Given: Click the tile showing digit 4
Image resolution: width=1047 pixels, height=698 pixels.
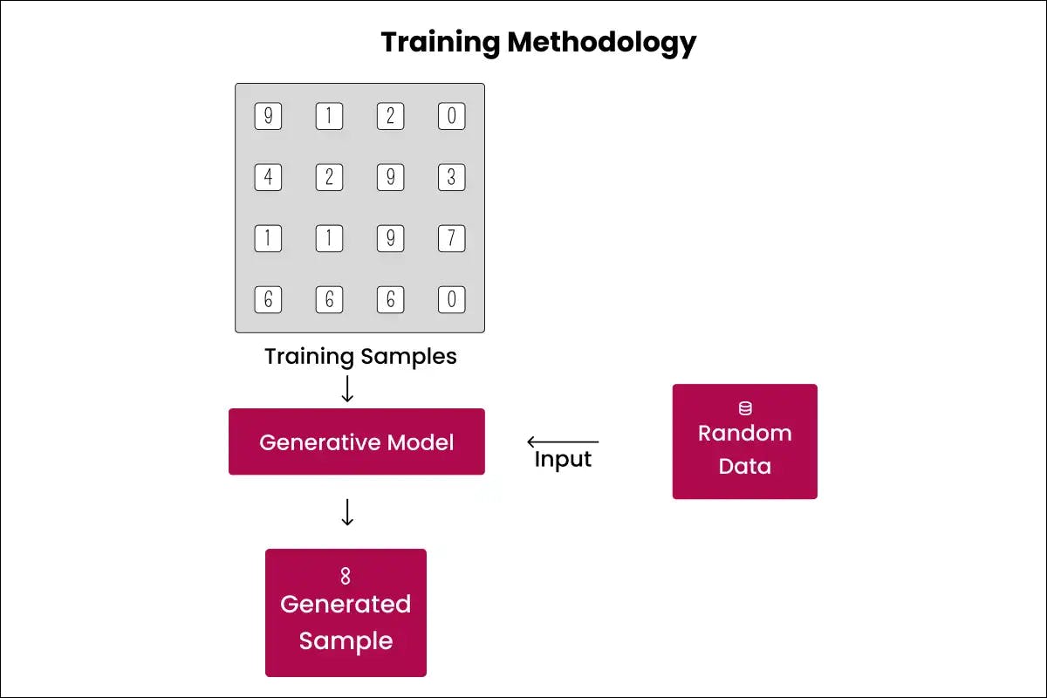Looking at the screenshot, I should pos(268,178).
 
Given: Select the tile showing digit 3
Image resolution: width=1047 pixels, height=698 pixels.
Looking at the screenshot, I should pos(451,178).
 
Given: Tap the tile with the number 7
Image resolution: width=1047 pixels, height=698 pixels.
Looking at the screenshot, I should pos(451,239).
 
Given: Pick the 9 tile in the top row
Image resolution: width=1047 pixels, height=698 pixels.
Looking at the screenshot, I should pos(268,117).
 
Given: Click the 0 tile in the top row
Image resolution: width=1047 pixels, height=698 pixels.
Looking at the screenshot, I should pos(451,117).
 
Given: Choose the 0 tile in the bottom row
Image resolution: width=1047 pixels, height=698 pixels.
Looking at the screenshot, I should pos(451,300).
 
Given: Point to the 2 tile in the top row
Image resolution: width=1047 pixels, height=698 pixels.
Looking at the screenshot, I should pos(390,117).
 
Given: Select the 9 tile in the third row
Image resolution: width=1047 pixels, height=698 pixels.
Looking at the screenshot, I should pos(390,239).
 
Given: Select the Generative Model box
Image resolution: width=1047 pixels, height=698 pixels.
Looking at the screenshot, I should pos(356,441).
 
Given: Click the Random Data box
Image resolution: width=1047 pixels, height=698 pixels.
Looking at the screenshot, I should pos(744,441).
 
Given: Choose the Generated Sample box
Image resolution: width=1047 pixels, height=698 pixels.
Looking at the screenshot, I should pos(346,612).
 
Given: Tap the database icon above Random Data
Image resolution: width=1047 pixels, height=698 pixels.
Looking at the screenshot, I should pos(745,408).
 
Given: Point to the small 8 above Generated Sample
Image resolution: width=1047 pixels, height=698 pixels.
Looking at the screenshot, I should pos(346,576).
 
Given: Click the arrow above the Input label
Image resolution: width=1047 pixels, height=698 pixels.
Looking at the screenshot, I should pos(563,442).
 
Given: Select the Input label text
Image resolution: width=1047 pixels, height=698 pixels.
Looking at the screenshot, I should pos(563,460).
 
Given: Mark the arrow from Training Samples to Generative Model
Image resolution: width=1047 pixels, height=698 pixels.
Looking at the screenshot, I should pos(347,389).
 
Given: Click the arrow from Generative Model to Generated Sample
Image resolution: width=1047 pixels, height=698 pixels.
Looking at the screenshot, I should pos(347,512).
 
